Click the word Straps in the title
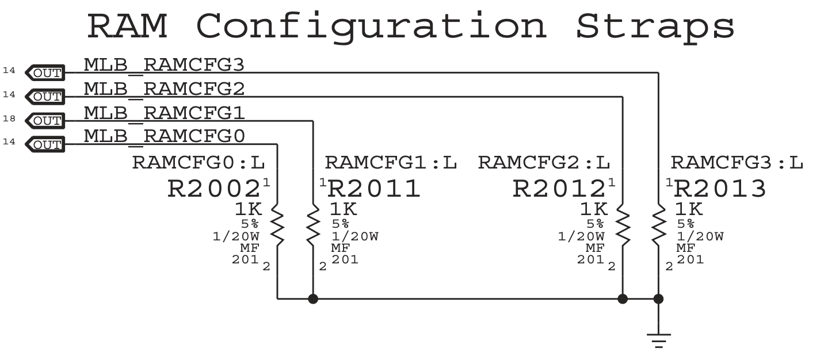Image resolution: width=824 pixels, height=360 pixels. [655, 26]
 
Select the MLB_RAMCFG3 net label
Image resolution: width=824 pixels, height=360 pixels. [164, 65]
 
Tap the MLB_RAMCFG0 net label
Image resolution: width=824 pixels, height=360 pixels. [164, 136]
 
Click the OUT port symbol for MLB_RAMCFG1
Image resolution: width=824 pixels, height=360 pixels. [46, 121]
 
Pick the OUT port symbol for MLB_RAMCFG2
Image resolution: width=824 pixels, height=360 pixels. [46, 96]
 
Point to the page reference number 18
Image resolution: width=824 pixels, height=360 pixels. [9, 119]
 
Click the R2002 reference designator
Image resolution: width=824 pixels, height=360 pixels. [214, 189]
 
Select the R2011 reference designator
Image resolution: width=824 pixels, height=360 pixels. [374, 189]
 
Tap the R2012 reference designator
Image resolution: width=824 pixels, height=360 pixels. [559, 189]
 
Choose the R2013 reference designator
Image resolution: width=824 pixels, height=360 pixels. [720, 189]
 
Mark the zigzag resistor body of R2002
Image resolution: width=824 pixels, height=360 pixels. [277, 225]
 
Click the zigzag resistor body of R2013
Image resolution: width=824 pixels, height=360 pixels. [658, 225]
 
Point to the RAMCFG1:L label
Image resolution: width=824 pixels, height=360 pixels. [391, 163]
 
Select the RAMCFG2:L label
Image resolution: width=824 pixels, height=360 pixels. [544, 163]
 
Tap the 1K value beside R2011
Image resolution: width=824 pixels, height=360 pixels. [343, 209]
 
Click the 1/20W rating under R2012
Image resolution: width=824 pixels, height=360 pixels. [581, 236]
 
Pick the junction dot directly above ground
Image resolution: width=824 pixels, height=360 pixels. [658, 299]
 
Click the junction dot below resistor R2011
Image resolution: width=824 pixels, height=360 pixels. [313, 299]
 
